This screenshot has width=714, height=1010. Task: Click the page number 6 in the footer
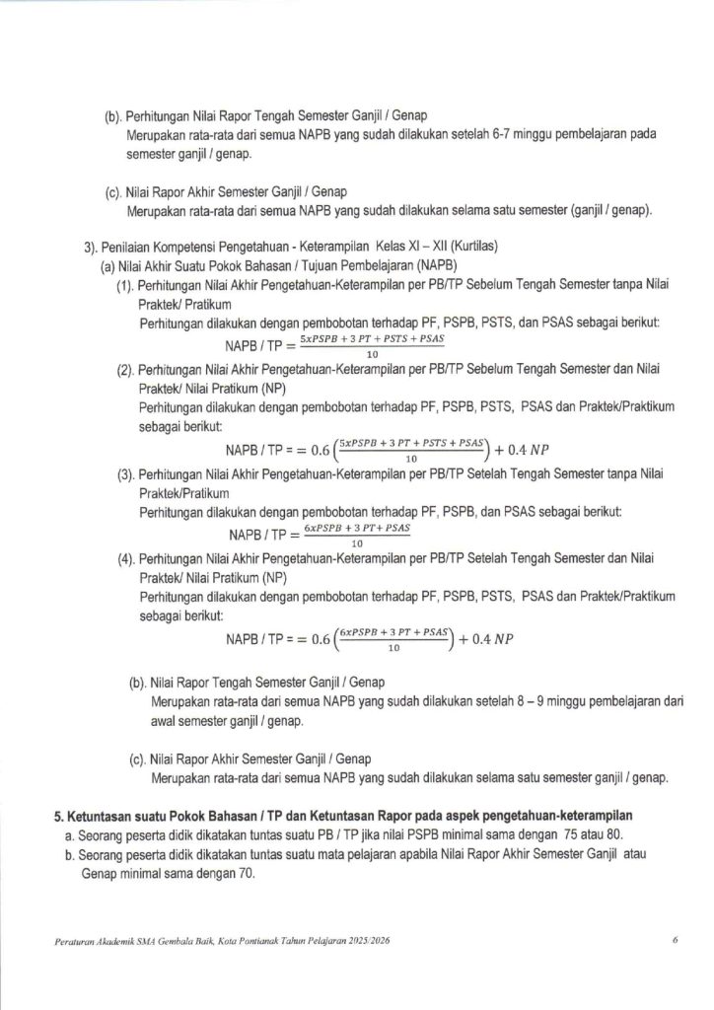coord(675,941)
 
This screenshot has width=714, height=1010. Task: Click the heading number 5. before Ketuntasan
coord(58,816)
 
